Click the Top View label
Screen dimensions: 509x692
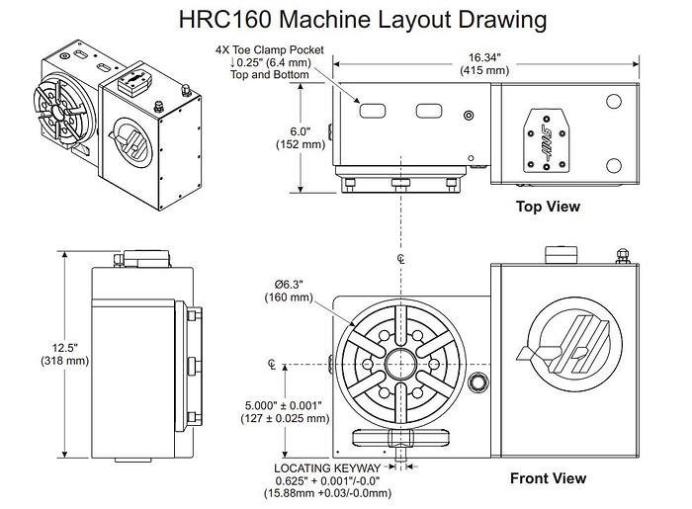point(548,207)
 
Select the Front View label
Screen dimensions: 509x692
point(548,478)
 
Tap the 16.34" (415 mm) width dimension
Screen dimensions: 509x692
point(484,63)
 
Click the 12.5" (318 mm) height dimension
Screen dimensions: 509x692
point(37,354)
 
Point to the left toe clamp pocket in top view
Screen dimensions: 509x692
point(369,108)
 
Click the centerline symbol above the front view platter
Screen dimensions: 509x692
point(399,260)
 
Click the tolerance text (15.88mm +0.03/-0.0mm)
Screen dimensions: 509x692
point(336,493)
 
